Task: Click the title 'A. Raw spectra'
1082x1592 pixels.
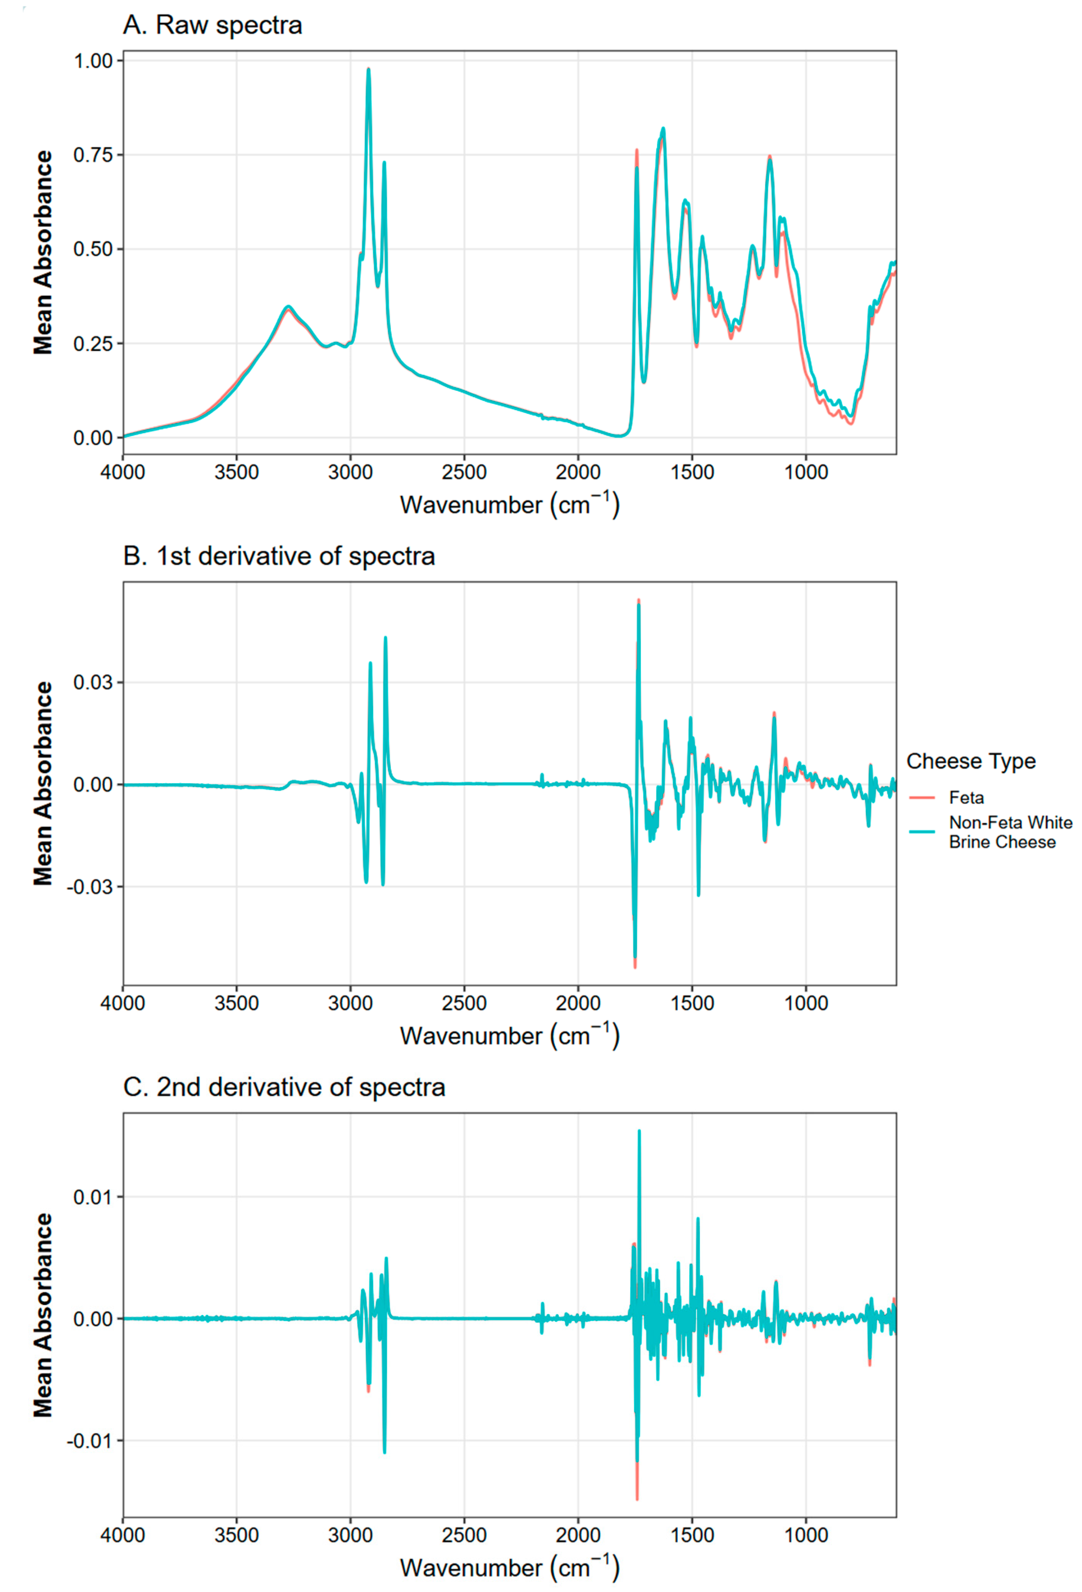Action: coord(212,25)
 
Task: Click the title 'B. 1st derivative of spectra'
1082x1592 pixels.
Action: coord(279,556)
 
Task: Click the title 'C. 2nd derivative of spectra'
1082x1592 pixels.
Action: coord(284,1087)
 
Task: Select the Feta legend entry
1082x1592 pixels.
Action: coord(966,798)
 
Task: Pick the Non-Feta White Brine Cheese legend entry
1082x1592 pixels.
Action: coord(1010,832)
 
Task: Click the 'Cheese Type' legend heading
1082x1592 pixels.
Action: coord(970,761)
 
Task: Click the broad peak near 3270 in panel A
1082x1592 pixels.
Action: coord(288,307)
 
